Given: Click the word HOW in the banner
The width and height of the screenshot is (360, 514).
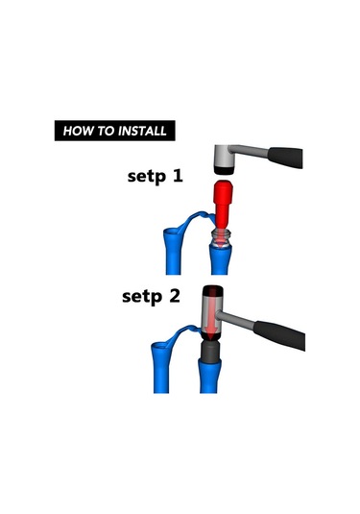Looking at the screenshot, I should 78,130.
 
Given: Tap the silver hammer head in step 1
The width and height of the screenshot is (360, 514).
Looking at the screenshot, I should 225,155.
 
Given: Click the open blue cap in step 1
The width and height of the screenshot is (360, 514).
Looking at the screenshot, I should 176,233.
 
